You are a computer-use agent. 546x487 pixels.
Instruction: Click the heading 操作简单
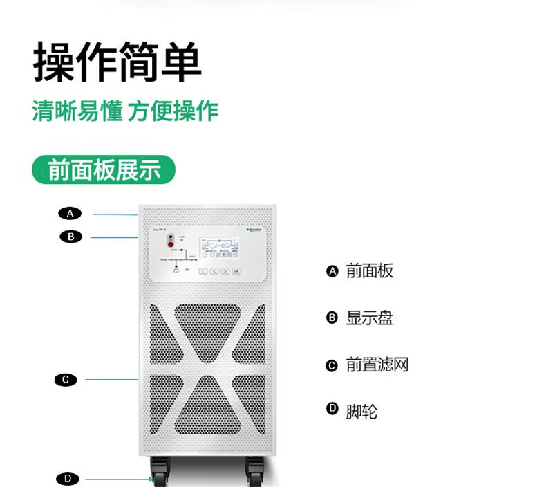(x=117, y=62)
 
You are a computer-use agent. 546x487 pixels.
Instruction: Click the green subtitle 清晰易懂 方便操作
(x=125, y=111)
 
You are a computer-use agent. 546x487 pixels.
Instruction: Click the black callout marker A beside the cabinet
(x=70, y=213)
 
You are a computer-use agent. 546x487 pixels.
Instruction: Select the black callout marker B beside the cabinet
(x=70, y=237)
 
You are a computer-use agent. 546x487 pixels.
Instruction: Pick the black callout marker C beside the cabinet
(x=66, y=379)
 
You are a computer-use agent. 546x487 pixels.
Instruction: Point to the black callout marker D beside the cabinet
(x=67, y=478)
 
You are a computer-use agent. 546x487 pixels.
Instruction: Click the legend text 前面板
(x=369, y=271)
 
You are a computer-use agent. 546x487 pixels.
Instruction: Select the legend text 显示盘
(x=369, y=318)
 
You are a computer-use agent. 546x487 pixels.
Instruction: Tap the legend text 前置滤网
(x=377, y=365)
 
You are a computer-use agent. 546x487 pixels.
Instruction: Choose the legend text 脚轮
(x=361, y=412)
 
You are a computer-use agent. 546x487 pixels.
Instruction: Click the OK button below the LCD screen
(x=236, y=272)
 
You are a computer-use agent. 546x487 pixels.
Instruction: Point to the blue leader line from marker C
(x=111, y=379)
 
